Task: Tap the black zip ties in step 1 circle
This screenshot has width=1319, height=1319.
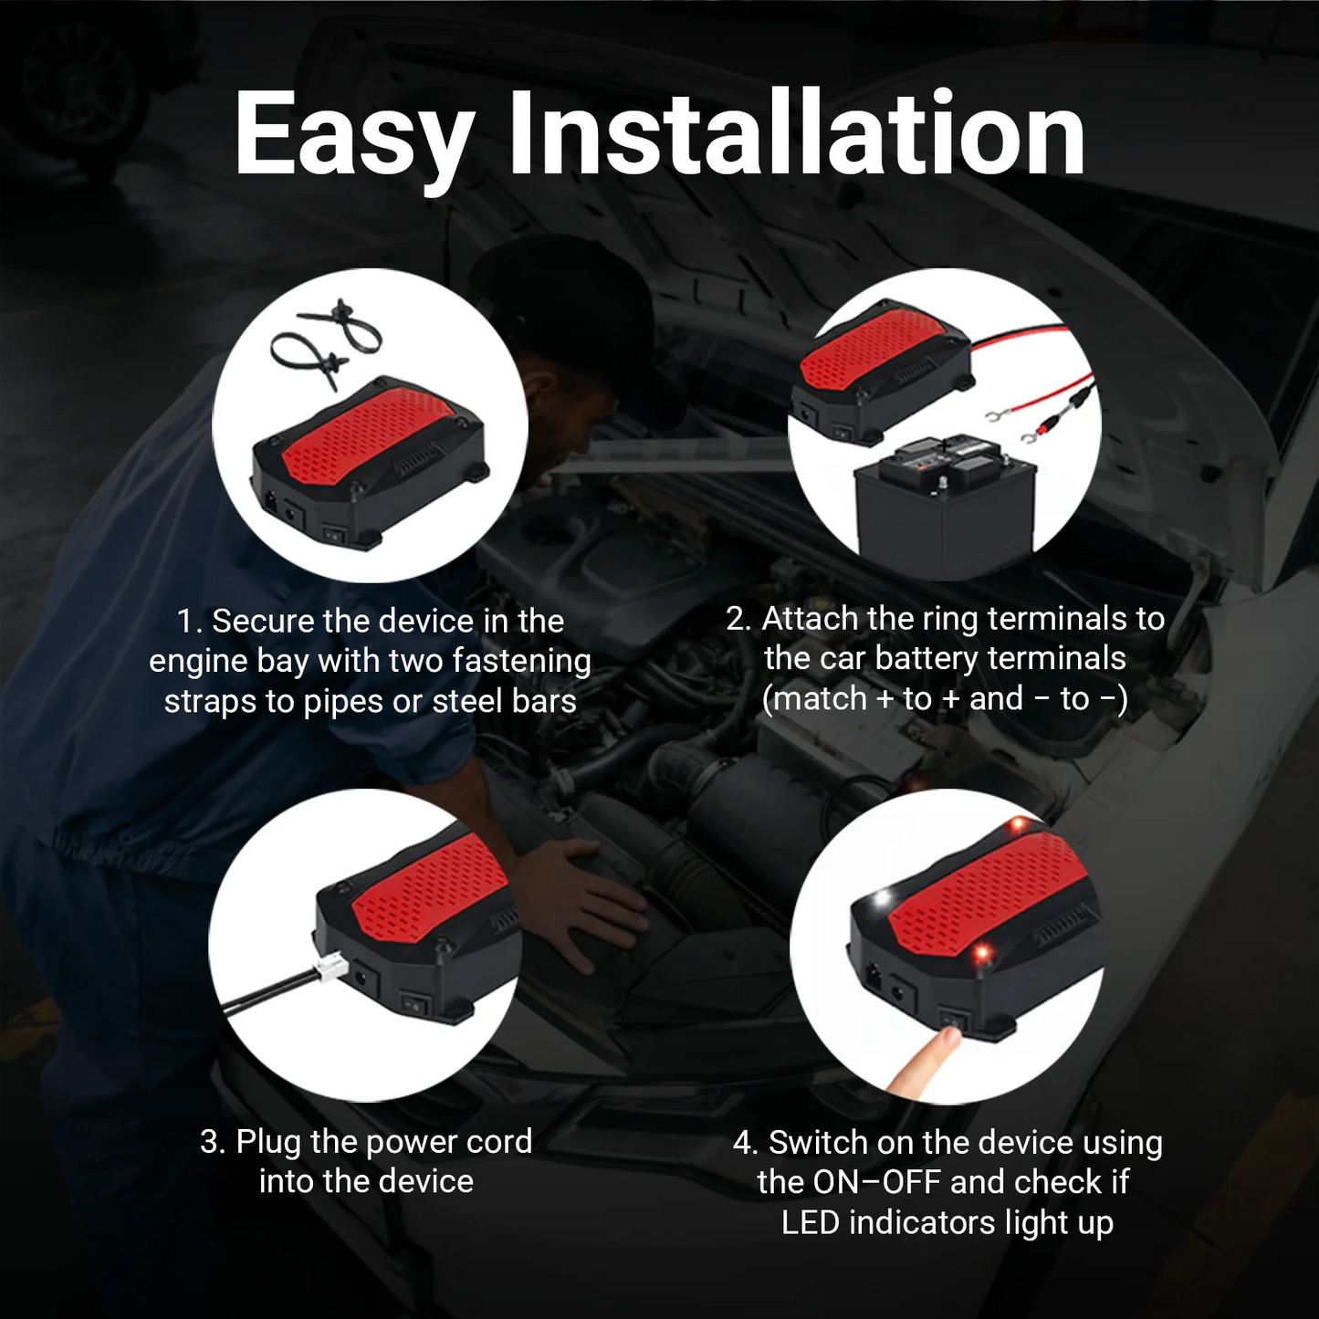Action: pyautogui.click(x=327, y=343)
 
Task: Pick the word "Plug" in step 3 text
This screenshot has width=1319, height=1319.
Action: pyautogui.click(x=269, y=1143)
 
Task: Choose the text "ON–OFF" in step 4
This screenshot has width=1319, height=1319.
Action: pyautogui.click(x=876, y=1182)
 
